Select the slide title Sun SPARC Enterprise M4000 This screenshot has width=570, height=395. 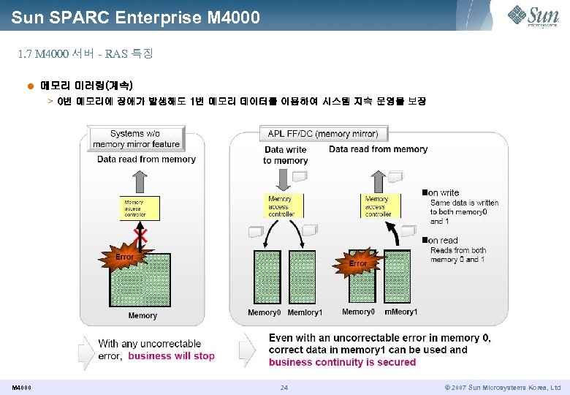136,16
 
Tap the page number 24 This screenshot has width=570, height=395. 284,387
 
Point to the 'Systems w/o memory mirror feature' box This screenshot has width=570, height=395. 136,138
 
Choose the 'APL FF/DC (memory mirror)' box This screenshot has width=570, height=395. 322,134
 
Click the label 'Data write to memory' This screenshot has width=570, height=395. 286,155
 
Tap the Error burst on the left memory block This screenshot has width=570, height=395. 125,257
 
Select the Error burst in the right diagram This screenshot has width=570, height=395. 357,263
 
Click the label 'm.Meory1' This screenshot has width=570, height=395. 400,312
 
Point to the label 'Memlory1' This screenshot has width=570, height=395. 305,313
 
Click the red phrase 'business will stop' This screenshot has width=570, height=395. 172,356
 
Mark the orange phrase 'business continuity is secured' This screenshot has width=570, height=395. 342,362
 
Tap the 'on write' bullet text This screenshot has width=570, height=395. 444,193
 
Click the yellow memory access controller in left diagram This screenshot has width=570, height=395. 139,208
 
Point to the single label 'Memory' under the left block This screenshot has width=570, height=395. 142,316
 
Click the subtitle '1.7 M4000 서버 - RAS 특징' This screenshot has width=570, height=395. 85,54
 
